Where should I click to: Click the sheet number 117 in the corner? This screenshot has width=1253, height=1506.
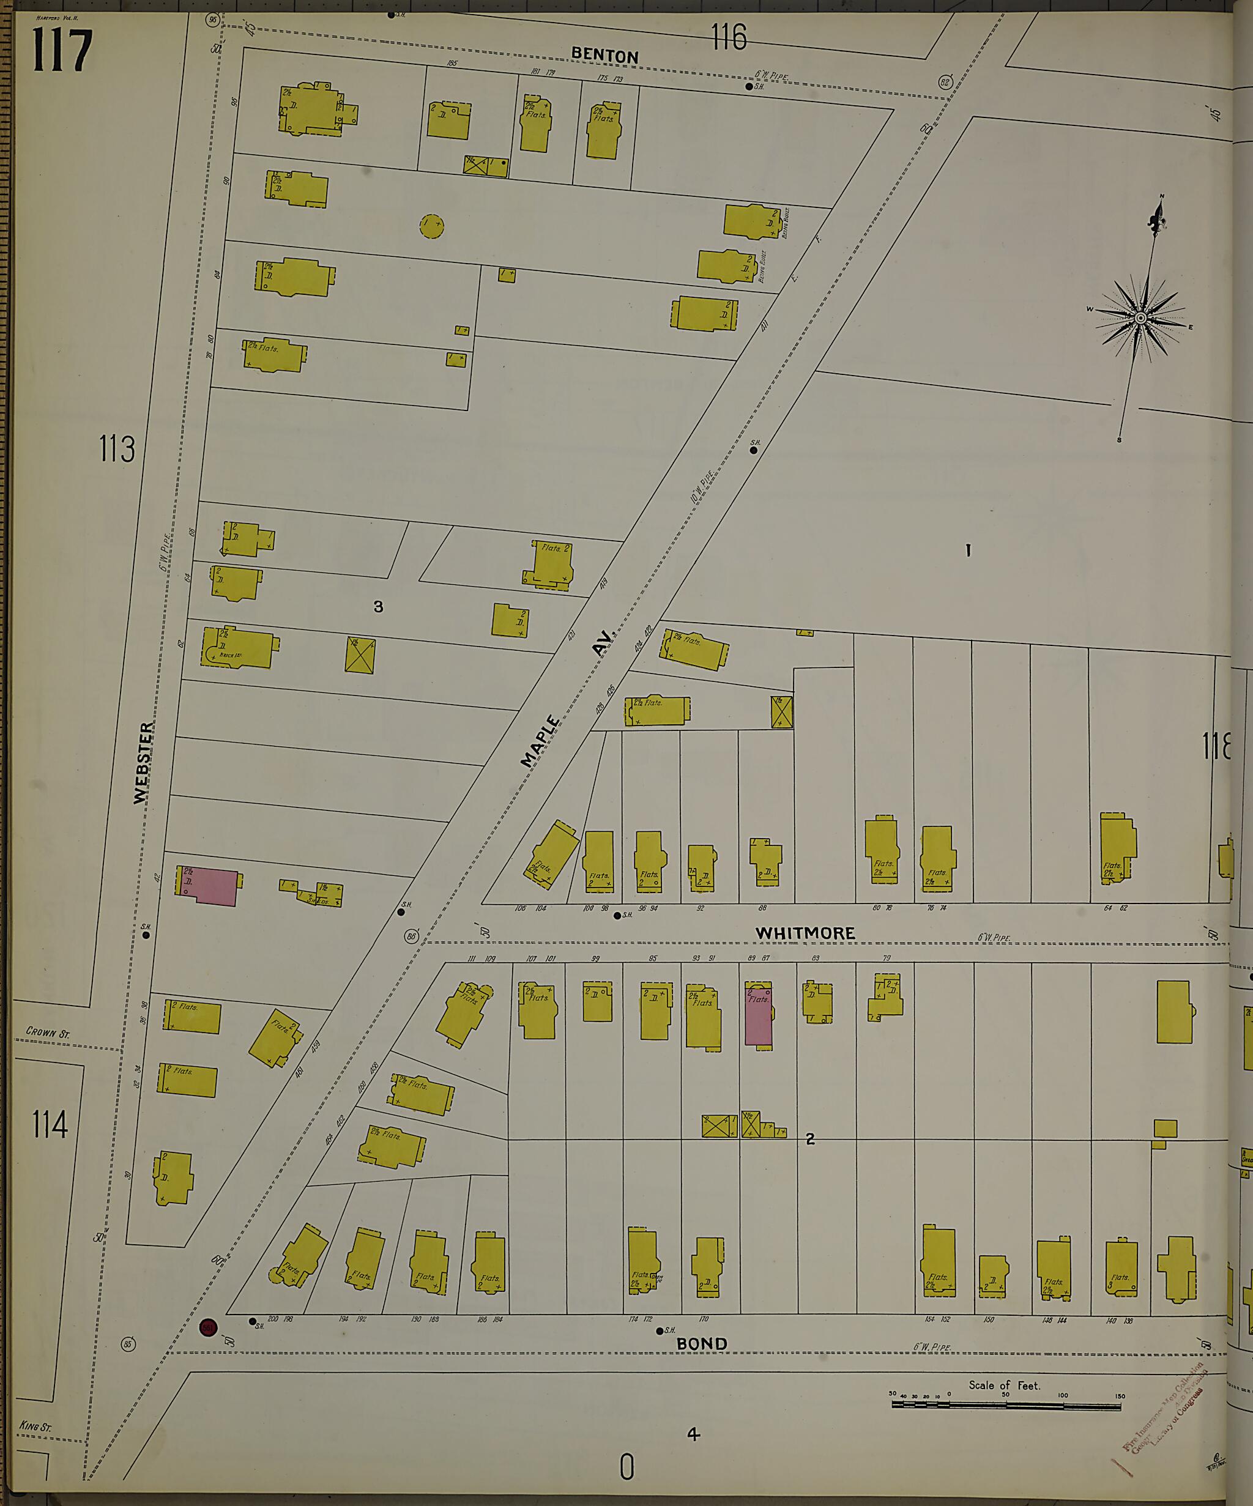click(x=62, y=50)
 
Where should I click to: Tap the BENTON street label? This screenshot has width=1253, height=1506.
click(x=604, y=56)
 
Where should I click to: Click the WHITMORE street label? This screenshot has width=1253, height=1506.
click(x=805, y=933)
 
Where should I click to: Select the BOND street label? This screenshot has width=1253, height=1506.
click(x=702, y=1343)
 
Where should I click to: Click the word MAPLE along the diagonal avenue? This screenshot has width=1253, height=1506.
click(x=541, y=741)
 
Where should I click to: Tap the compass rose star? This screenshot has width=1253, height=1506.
click(x=1140, y=317)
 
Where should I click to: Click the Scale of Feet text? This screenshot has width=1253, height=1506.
click(x=1003, y=1385)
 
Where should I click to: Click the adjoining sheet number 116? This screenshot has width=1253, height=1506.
click(x=729, y=37)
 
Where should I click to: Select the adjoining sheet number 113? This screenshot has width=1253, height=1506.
click(x=117, y=450)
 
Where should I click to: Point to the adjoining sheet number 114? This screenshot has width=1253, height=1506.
click(x=50, y=1124)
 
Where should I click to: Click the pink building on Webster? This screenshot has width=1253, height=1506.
click(x=212, y=886)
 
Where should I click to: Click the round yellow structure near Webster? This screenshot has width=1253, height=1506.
click(x=431, y=226)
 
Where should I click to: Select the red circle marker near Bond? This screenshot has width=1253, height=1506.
click(x=208, y=1327)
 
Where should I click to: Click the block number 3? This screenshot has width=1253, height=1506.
click(x=378, y=607)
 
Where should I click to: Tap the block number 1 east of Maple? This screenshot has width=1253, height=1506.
click(x=967, y=551)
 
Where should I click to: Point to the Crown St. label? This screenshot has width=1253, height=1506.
click(x=47, y=1033)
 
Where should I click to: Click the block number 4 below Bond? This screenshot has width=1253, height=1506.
click(x=692, y=1434)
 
